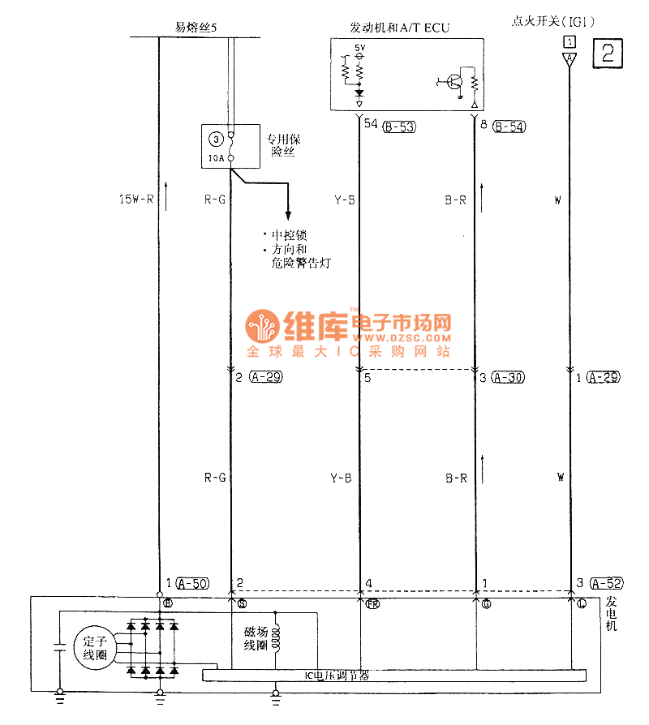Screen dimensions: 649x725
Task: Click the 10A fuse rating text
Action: tap(215, 157)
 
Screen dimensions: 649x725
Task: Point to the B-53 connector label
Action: tap(399, 126)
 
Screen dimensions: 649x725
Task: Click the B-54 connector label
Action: tap(509, 126)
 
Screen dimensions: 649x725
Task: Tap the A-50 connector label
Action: tap(192, 583)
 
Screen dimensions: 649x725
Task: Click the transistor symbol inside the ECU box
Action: tap(455, 81)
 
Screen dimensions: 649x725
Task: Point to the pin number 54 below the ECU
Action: tap(372, 125)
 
